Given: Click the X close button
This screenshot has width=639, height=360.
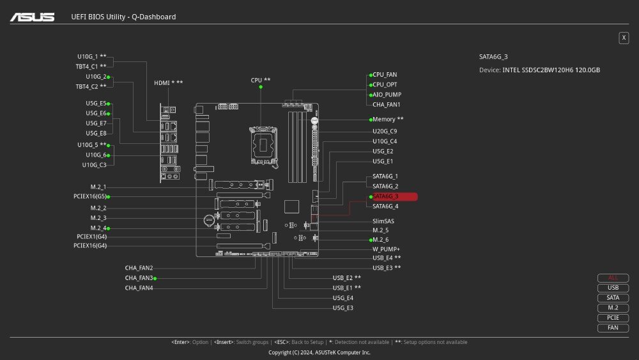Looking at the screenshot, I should pyautogui.click(x=624, y=38).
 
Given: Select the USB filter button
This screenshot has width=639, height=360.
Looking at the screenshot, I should pyautogui.click(x=613, y=288).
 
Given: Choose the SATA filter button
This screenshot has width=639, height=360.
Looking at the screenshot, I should pyautogui.click(x=613, y=298).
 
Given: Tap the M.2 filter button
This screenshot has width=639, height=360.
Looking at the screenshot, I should pyautogui.click(x=613, y=308).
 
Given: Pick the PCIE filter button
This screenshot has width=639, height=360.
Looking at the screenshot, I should pyautogui.click(x=613, y=318).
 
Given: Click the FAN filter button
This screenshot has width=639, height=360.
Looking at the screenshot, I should pyautogui.click(x=613, y=328).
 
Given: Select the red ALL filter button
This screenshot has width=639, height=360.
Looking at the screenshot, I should pyautogui.click(x=613, y=278).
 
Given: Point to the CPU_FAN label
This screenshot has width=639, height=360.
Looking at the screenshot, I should pyautogui.click(x=385, y=75).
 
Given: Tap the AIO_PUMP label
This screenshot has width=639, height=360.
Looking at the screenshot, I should pyautogui.click(x=387, y=95).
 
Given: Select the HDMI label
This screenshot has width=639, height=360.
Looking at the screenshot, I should pyautogui.click(x=168, y=83).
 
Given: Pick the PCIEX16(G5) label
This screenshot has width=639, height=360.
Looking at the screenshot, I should pyautogui.click(x=89, y=197).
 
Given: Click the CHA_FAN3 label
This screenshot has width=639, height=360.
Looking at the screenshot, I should pyautogui.click(x=139, y=278).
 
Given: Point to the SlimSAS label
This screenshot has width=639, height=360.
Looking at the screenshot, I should pyautogui.click(x=383, y=221).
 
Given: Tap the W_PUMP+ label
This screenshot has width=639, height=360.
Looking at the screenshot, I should pyautogui.click(x=386, y=249).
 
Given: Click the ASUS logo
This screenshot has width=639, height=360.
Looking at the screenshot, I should pyautogui.click(x=32, y=17).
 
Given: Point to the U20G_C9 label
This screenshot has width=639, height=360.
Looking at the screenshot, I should pyautogui.click(x=385, y=131).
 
